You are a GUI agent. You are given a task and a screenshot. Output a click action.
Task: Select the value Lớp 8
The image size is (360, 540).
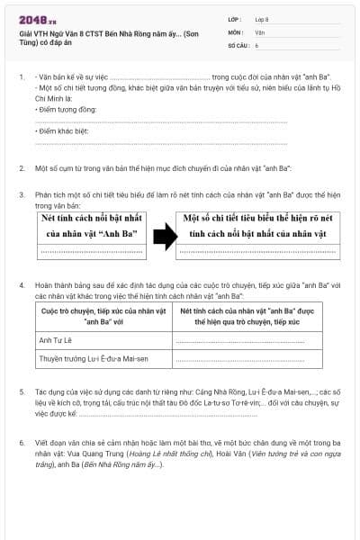(262, 18)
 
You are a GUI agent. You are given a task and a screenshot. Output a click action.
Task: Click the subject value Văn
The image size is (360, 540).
(259, 31)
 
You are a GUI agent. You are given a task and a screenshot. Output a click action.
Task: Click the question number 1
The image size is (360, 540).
(21, 78)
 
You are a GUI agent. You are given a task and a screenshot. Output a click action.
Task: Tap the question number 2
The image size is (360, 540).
(21, 168)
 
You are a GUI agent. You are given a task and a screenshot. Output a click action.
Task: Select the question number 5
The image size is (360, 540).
(21, 393)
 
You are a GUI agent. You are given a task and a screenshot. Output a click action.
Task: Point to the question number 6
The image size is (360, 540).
(21, 444)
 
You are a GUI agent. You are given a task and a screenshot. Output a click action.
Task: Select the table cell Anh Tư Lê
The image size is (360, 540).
(56, 340)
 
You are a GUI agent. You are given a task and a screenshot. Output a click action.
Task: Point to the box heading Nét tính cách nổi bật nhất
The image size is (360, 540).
(89, 226)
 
